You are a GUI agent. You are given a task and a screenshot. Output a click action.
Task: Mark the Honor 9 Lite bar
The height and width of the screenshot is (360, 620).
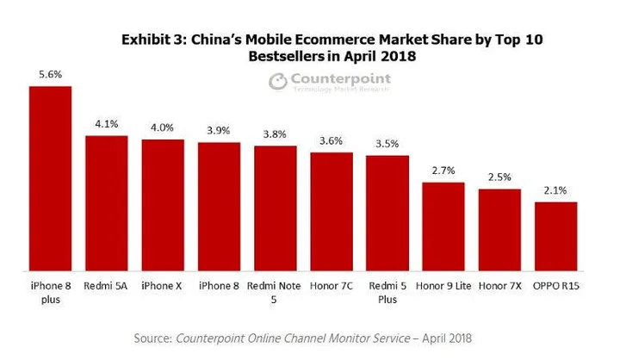point(443,226)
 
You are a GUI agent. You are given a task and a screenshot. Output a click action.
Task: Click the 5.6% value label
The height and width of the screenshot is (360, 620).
point(50,75)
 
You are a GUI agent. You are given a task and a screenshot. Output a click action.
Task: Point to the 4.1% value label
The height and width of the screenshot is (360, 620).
point(107,124)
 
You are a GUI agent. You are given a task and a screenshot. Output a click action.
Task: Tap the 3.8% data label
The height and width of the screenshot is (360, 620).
point(276,134)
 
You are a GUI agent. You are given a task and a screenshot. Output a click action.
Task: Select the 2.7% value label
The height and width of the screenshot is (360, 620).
point(443,171)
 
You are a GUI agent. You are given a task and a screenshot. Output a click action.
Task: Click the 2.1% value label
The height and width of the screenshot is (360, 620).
point(555,191)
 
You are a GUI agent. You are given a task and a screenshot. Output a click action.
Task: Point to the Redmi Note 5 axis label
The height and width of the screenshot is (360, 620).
point(276,290)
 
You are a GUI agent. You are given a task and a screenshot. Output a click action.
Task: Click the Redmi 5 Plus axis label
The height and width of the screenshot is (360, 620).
point(387,290)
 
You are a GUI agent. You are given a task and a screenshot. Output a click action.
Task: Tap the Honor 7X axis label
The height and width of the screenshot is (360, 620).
point(499,283)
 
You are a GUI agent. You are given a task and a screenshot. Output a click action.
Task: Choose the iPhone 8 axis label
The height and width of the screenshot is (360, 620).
point(219,283)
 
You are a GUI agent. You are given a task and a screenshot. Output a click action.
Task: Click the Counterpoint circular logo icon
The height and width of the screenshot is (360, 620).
point(278,82)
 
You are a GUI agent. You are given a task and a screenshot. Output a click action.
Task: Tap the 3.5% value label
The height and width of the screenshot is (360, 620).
point(387,144)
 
